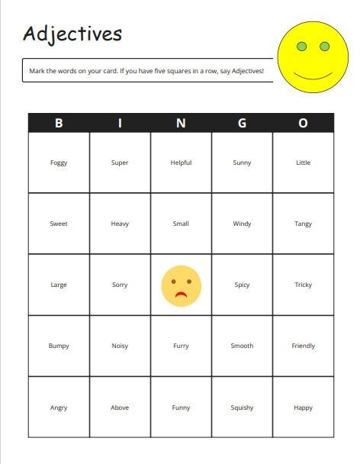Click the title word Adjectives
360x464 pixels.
click(72, 34)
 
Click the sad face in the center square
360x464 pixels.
click(181, 285)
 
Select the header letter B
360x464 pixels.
click(59, 124)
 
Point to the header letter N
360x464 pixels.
click(181, 124)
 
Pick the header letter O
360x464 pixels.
click(303, 124)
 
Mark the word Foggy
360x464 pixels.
click(59, 163)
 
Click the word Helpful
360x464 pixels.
click(181, 163)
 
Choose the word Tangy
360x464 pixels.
click(303, 224)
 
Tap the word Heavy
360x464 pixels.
click(120, 224)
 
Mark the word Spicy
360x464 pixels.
click(242, 285)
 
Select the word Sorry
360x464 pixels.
click(120, 285)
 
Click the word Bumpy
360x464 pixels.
click(59, 346)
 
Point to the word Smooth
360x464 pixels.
click(242, 346)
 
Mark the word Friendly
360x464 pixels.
click(303, 346)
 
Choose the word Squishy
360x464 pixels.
click(242, 408)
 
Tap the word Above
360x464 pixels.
click(120, 408)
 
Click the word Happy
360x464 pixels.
click(303, 408)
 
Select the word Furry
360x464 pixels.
click(181, 346)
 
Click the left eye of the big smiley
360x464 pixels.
click(301, 47)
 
